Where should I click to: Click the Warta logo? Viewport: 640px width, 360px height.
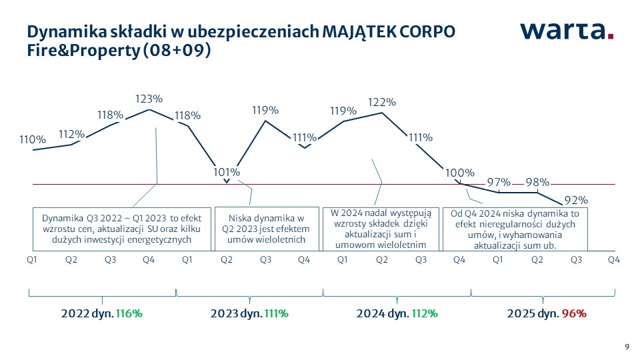[x=567, y=31]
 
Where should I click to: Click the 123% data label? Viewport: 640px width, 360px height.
[x=149, y=99]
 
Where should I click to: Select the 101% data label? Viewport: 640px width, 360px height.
[x=227, y=172]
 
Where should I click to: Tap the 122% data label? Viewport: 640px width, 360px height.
[x=382, y=103]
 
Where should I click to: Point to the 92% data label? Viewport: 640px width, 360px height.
[x=575, y=200]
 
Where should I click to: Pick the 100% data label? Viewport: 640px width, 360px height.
[x=459, y=173]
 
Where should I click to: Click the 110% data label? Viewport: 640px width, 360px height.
[x=33, y=140]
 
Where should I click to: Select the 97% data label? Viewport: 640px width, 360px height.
[x=498, y=182]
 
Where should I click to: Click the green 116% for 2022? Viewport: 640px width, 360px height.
[x=129, y=313]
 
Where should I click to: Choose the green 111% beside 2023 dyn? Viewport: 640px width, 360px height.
[x=276, y=313]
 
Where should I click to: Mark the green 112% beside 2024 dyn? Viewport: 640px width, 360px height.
[x=424, y=313]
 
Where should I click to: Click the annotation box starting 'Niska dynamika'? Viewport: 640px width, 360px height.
[x=266, y=229]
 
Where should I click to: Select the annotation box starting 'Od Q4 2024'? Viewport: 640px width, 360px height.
[x=515, y=229]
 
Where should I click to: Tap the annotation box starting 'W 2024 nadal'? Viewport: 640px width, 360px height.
[x=381, y=229]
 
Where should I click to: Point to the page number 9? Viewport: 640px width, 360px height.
[x=626, y=345]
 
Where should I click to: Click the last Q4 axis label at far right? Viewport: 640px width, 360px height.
[x=614, y=259]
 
